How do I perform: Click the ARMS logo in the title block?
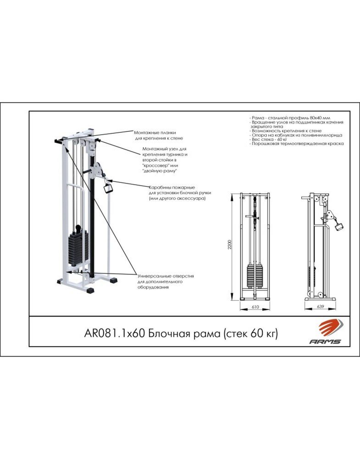click(325, 332)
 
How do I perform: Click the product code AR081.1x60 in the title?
click(115, 333)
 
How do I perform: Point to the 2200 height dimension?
click(230, 245)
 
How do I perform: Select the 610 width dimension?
click(255, 307)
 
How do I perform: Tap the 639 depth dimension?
click(320, 307)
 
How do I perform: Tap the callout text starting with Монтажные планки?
click(158, 135)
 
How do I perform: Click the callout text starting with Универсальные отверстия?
click(166, 282)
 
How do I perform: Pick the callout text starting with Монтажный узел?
click(165, 160)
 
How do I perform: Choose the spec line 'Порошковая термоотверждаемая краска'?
click(297, 144)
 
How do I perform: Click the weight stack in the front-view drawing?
click(255, 276)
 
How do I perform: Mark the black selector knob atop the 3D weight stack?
click(78, 228)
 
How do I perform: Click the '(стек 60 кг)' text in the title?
click(251, 333)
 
